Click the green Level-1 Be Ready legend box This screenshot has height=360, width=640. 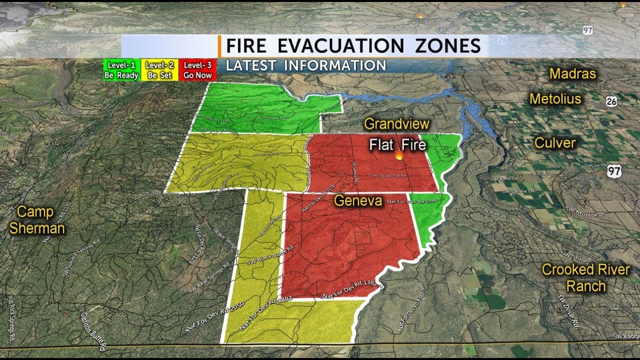coord(121,70)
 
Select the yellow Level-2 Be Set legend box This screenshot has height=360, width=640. coord(159,70)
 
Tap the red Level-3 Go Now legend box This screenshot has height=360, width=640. coord(198,70)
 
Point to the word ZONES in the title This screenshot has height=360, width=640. coord(447,46)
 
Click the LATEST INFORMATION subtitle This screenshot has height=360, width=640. coord(306,65)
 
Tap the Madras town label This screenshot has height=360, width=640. coord(572,74)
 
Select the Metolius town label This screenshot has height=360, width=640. coord(555,99)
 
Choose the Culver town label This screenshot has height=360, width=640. coord(555,143)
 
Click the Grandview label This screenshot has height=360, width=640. coord(396,124)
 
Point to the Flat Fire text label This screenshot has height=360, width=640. coord(397,145)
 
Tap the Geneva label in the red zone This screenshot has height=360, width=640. coord(358,201)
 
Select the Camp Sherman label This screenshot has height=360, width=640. coord(37,220)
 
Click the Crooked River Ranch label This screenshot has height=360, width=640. coord(586,278)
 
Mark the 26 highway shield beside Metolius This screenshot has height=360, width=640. coord(610,101)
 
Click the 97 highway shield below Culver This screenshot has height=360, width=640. coord(614,171)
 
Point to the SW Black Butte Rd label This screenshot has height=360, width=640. coord(270,254)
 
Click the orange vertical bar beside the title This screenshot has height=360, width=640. coord(219,46)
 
